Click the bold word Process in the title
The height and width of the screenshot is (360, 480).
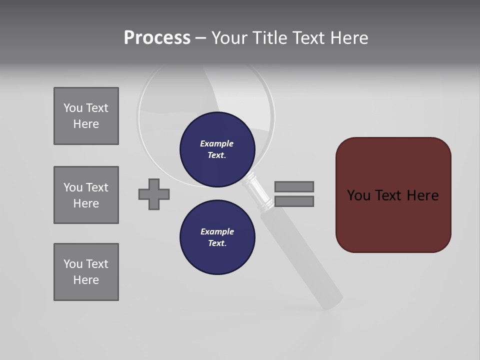click(x=157, y=38)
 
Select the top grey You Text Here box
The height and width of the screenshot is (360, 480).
click(x=86, y=116)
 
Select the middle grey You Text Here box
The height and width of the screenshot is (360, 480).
click(x=86, y=195)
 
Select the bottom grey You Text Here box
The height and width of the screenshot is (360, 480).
click(x=86, y=272)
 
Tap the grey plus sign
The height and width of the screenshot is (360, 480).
click(x=154, y=194)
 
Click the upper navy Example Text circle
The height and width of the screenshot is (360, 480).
click(x=217, y=149)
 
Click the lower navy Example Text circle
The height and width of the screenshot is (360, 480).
click(x=217, y=237)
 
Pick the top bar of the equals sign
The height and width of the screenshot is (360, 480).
click(x=294, y=186)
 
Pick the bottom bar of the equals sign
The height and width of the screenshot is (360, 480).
click(x=294, y=201)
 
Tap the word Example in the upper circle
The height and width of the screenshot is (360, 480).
click(x=217, y=143)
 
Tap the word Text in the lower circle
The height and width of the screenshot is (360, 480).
click(x=217, y=243)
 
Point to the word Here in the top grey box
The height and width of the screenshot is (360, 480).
click(x=86, y=124)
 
